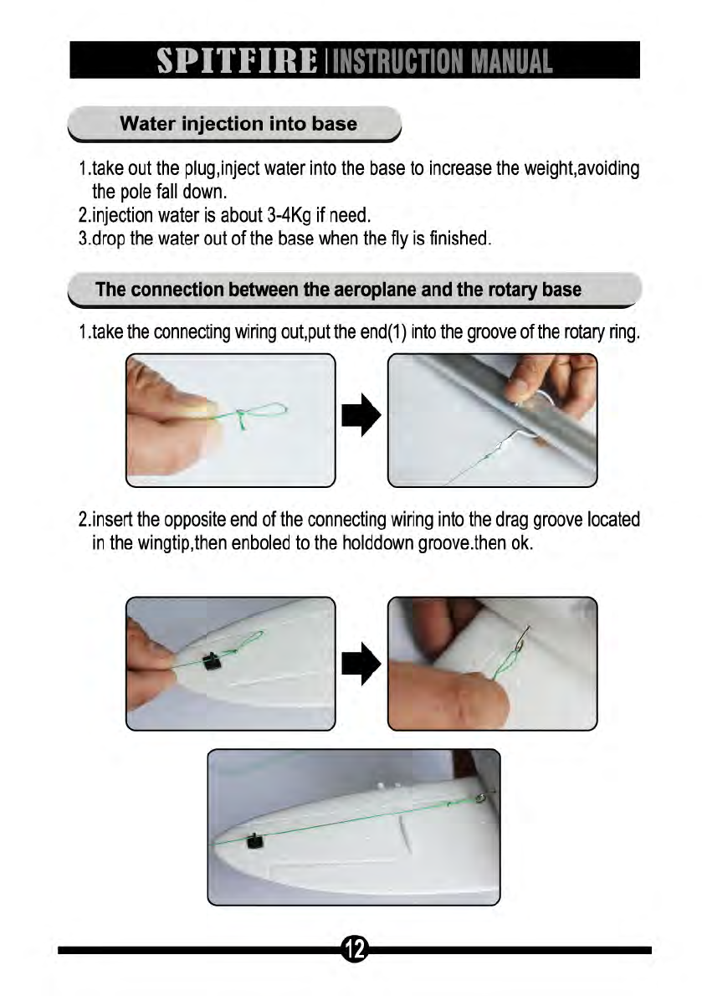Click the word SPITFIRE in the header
pos(237,61)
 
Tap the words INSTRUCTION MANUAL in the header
pos(442,62)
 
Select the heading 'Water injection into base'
pos(238,123)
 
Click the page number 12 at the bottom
pos(355,950)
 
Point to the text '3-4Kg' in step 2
pos(288,215)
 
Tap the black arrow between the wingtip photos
pos(361,664)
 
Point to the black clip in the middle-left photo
pos(212,661)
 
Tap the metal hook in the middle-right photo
pos(522,639)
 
